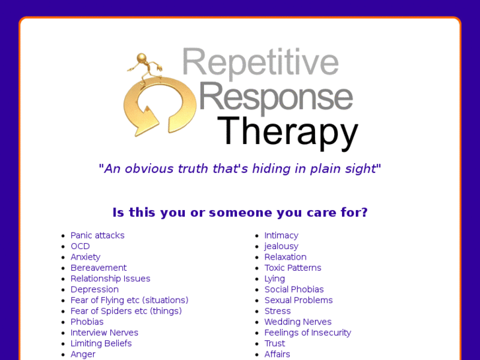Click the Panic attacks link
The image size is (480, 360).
[x=97, y=236]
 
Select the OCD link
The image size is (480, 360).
[x=80, y=246]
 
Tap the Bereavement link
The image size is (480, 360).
[x=98, y=268]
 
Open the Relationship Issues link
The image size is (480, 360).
[x=110, y=279]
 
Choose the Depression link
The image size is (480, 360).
[x=94, y=289]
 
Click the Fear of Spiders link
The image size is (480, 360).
[x=126, y=311]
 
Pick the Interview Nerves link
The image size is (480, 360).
[x=104, y=333]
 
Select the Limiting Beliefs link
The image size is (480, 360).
[x=101, y=343]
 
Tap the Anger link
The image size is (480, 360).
[x=83, y=354]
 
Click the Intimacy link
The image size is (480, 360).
[x=281, y=236]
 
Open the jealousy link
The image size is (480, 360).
[x=281, y=246]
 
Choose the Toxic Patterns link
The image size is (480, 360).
[x=292, y=268]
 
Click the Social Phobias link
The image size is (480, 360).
[x=294, y=289]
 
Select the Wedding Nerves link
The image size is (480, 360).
[x=298, y=322]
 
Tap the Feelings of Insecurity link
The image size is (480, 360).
[x=308, y=333]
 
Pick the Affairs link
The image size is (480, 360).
[x=277, y=354]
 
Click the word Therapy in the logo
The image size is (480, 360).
[x=287, y=131]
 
